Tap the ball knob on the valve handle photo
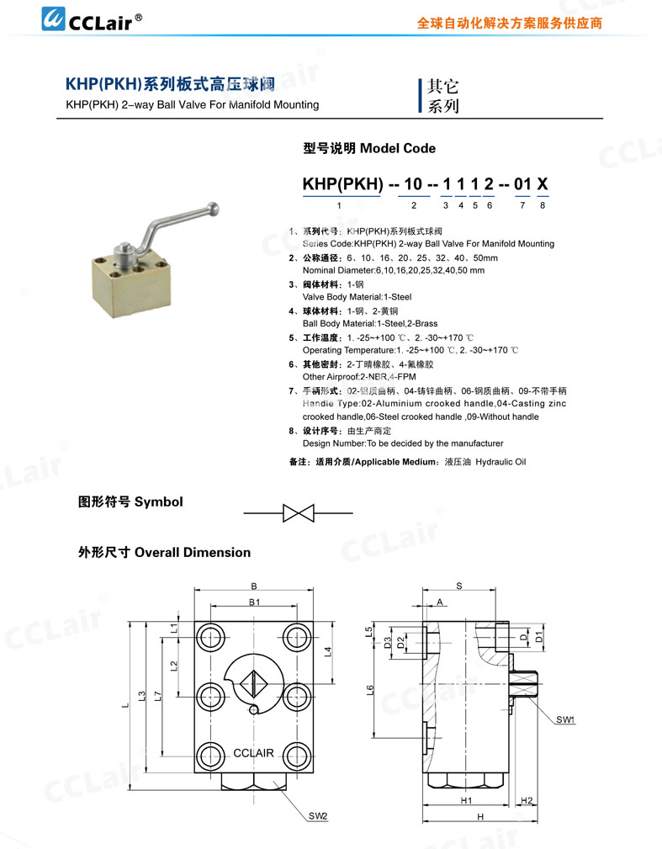tap(217, 204)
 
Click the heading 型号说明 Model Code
tap(369, 148)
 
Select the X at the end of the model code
tap(543, 183)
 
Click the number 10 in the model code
tap(413, 183)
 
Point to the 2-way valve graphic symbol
tap(298, 512)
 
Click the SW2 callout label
tap(317, 816)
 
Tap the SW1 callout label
tap(565, 720)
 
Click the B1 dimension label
tap(253, 602)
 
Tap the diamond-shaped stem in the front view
tap(254, 682)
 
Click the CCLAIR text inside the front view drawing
tap(253, 752)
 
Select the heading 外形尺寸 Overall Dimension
tap(164, 552)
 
